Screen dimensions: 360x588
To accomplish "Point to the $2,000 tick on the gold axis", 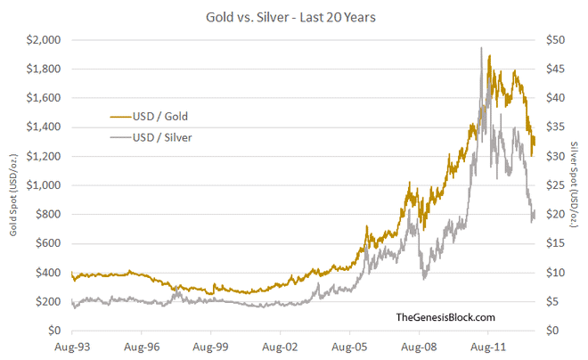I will click(44, 40).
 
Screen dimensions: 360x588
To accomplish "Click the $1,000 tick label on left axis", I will click(44, 185).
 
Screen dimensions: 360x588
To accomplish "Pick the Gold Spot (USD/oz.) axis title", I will click(15, 185).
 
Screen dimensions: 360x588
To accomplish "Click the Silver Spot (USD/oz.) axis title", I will click(574, 185).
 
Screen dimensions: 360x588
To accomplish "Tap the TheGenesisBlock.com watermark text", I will click(445, 317).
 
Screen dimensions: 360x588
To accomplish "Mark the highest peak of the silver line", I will click(481, 48).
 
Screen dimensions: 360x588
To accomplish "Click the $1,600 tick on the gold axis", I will click(44, 98).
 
